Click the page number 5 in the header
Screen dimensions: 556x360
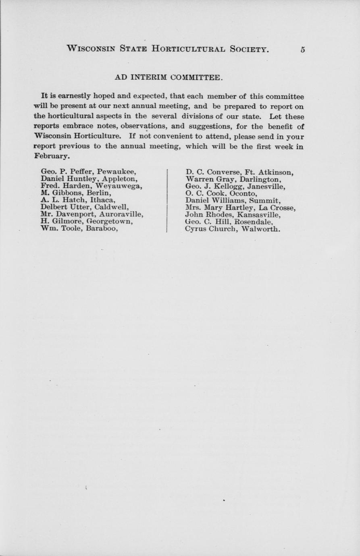(x=302, y=50)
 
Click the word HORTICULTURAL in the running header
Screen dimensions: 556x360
(x=188, y=49)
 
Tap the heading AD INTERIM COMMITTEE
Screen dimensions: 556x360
(x=168, y=77)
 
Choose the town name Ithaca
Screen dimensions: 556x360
(x=103, y=200)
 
